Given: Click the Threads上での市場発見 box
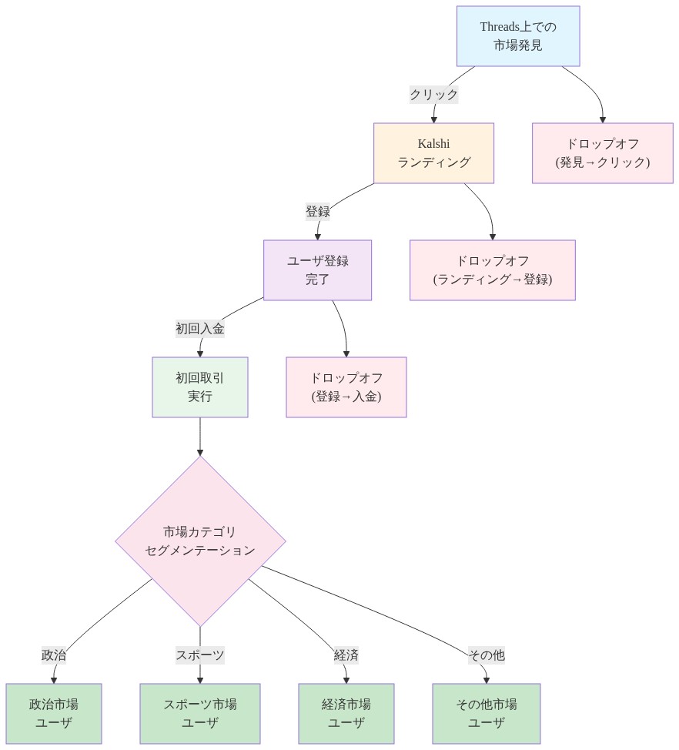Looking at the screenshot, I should pos(517,36).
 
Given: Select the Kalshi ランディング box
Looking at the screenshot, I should pos(433,153).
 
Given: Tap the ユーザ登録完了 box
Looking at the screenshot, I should pos(317,270).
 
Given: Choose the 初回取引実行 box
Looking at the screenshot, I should pos(200,387).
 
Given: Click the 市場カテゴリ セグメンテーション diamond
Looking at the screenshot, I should pos(200,541).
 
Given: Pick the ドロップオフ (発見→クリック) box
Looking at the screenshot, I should pos(602,153).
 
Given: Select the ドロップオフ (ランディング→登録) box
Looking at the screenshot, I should pos(492,270).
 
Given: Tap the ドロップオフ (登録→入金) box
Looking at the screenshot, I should pos(346,387).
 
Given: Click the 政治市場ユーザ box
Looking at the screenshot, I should pos(54,714).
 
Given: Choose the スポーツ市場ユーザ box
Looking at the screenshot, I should pos(200,714).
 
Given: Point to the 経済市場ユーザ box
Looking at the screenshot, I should pos(346,714).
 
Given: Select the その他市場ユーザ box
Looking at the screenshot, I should pos(486,714).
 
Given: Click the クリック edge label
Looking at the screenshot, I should pos(433,95).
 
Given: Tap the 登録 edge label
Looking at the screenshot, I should pos(317,212).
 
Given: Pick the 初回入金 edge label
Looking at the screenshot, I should pos(200,329).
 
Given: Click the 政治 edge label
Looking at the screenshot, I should pos(54,655).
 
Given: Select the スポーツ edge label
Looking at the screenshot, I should pos(200,655).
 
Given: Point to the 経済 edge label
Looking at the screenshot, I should pos(346,655).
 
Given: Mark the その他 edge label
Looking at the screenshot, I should pos(486,655).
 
